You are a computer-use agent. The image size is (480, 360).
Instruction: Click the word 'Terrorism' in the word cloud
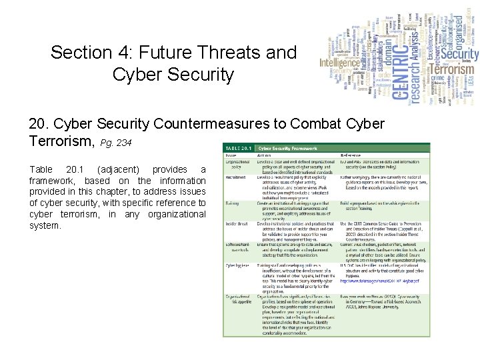tap(451, 69)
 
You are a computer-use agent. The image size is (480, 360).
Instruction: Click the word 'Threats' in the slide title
tap(236, 52)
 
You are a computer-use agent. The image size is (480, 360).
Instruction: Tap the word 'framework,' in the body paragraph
tap(53, 181)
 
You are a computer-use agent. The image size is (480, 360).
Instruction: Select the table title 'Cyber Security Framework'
tap(288, 148)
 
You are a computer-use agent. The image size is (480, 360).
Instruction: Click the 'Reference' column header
tap(351, 155)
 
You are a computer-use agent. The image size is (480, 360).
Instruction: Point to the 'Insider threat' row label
tap(235, 223)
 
